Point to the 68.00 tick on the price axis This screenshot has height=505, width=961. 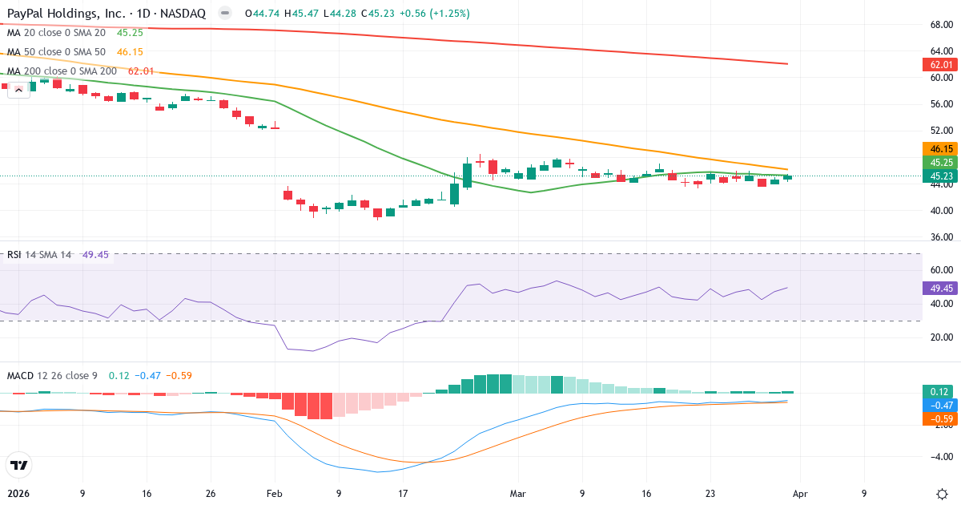(941, 25)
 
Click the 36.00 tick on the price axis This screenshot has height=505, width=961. (941, 237)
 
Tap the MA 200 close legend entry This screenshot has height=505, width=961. (62, 71)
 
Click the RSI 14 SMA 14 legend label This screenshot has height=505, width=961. (38, 255)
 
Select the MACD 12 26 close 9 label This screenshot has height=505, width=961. (52, 375)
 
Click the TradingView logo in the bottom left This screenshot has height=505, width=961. (18, 464)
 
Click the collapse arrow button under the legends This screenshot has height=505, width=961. (19, 90)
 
